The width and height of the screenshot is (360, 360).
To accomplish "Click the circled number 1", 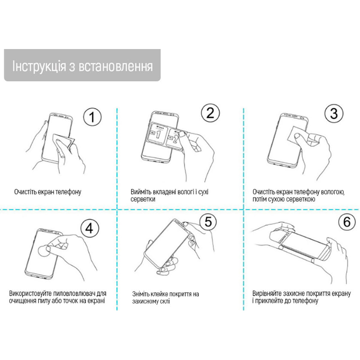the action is (x=92, y=117).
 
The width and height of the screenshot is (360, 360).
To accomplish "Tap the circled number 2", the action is (x=210, y=113).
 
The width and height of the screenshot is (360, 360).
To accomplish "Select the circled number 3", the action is (x=334, y=113).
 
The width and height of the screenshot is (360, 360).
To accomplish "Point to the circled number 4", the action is (x=90, y=229).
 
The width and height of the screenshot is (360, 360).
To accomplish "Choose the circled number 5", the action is (x=208, y=221).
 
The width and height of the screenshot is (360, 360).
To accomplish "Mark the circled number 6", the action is (x=347, y=222).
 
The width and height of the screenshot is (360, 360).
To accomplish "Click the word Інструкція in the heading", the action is (x=39, y=67).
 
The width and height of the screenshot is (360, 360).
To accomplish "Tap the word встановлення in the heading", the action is (x=116, y=67).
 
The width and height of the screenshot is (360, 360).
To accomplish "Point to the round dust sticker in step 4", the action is (x=44, y=251).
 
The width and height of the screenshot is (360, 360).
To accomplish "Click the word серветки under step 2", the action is (x=143, y=199).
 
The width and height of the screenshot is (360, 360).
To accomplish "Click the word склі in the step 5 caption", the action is (x=165, y=301).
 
